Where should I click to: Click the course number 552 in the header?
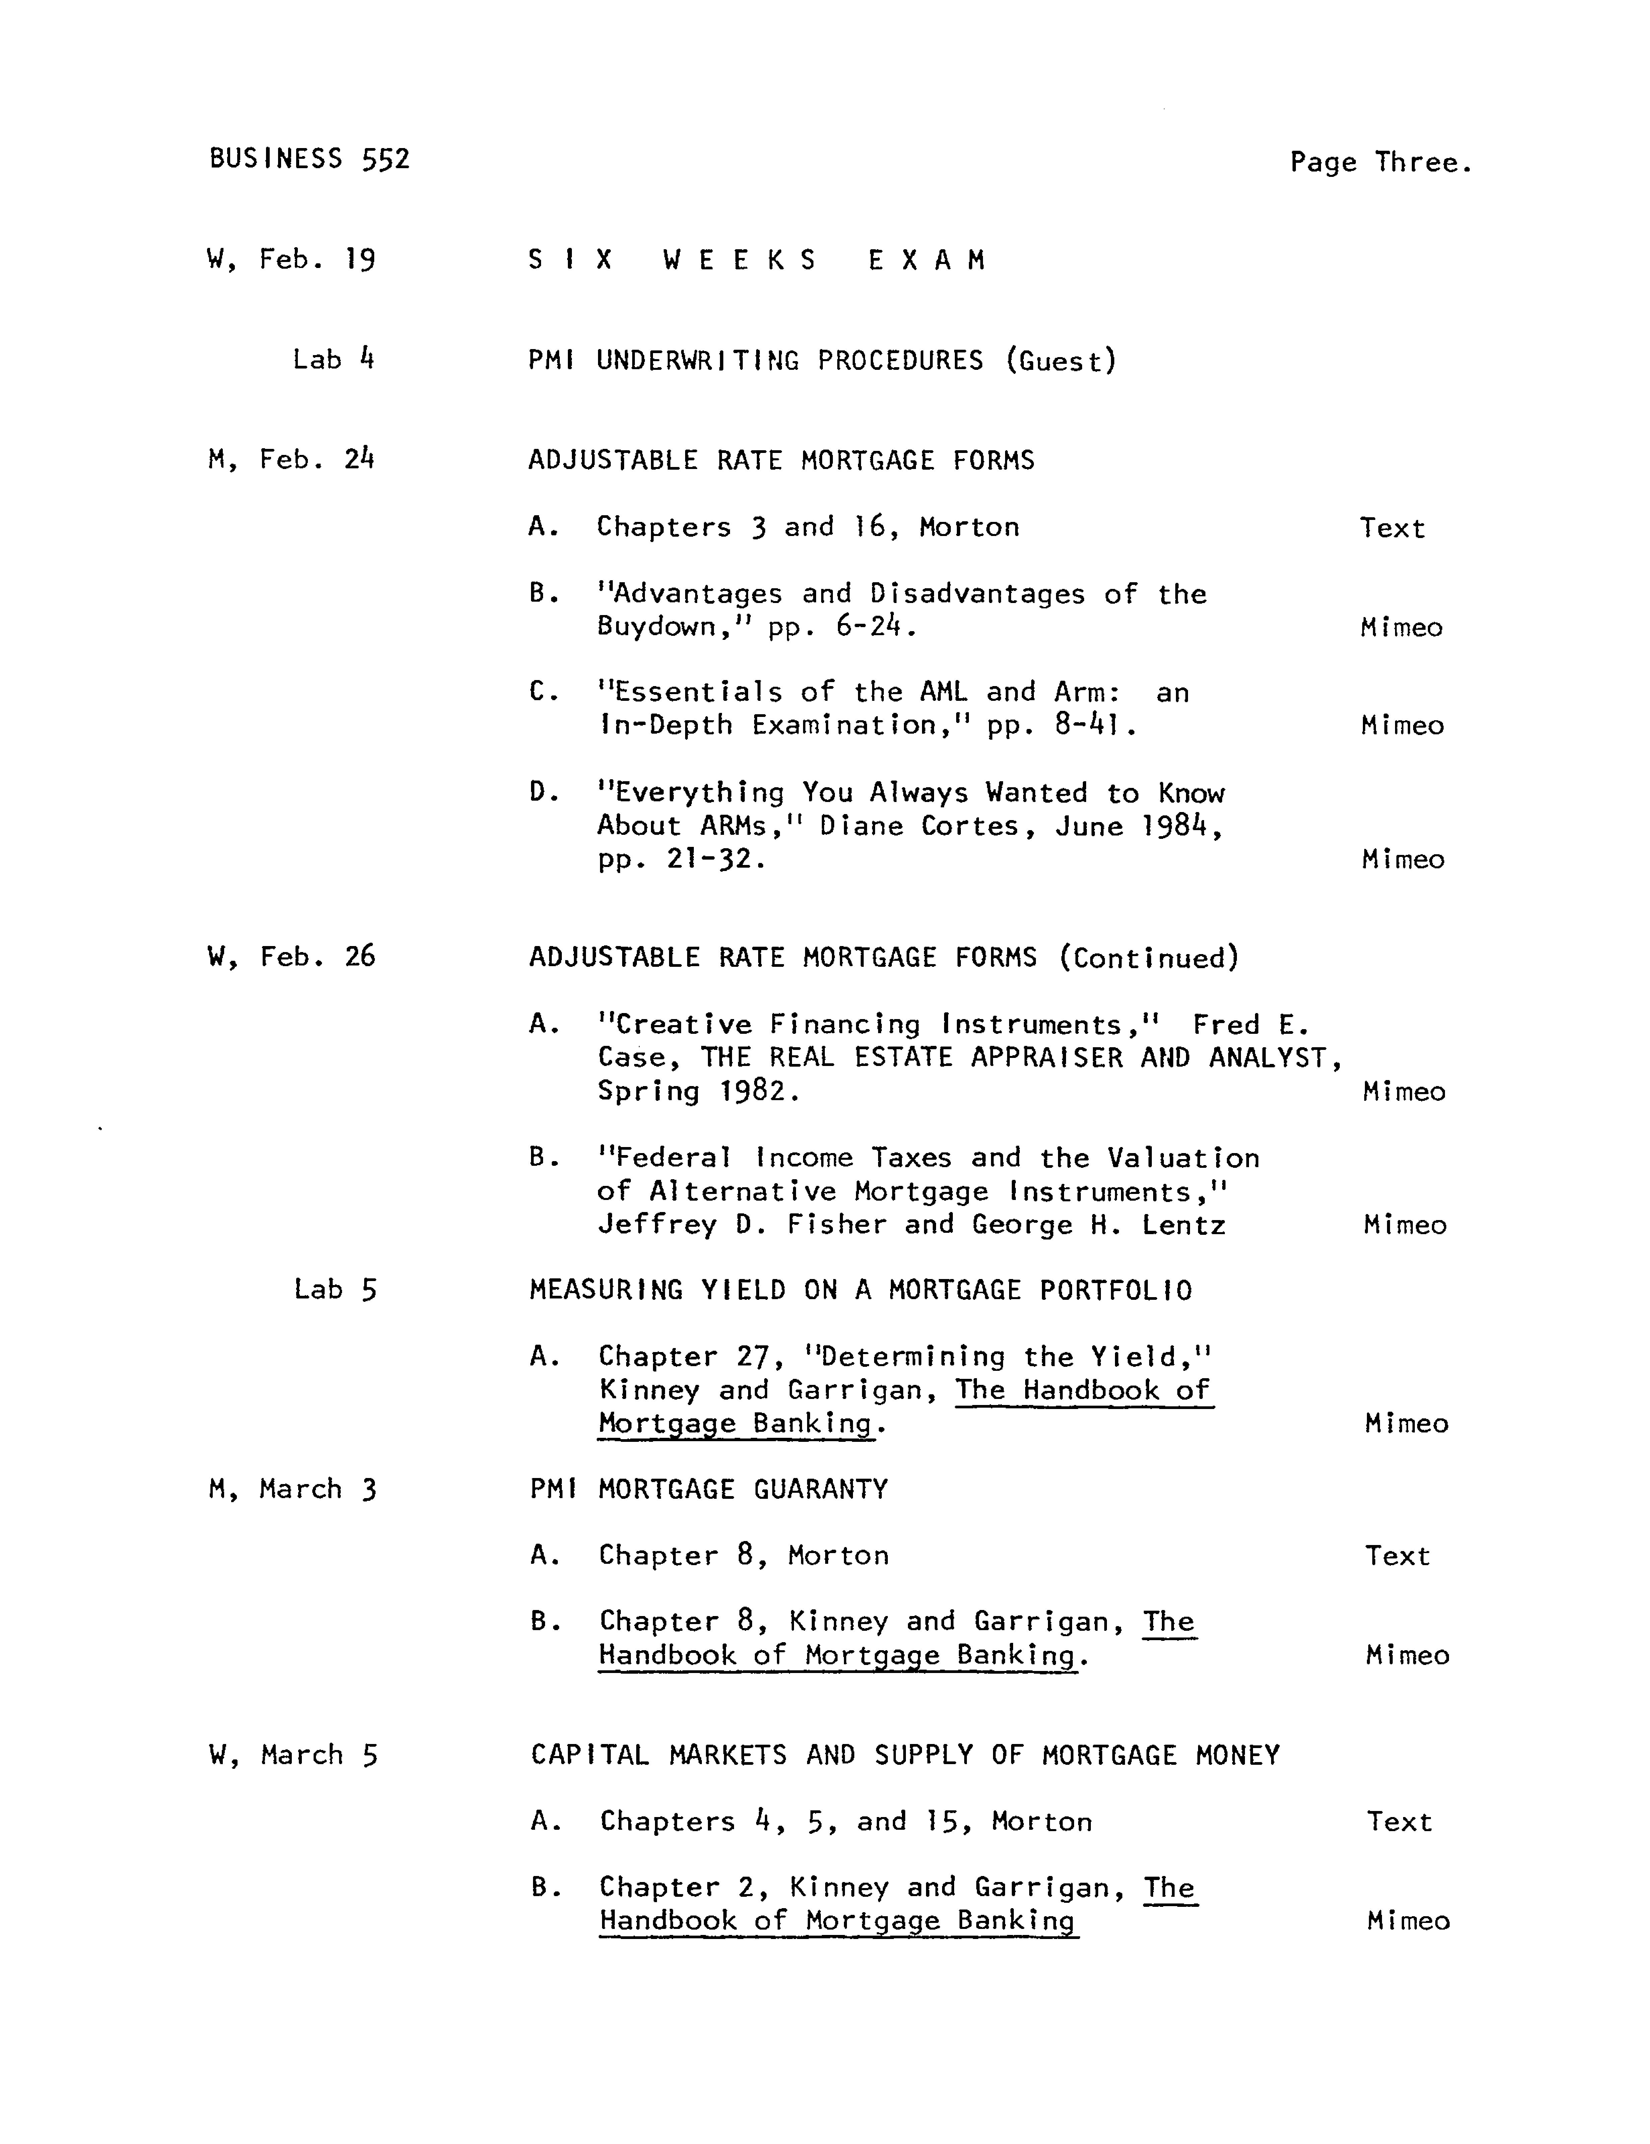(x=386, y=159)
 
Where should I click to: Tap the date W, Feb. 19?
(x=291, y=260)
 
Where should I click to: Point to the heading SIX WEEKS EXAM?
(x=757, y=260)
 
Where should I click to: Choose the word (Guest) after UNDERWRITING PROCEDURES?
(x=1061, y=361)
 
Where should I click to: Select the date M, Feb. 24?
(x=291, y=459)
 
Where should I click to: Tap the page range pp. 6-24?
(x=842, y=627)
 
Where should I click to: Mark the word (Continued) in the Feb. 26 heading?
(x=1148, y=958)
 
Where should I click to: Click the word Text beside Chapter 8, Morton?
(x=1397, y=1556)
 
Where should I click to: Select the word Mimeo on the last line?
(x=1407, y=1921)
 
